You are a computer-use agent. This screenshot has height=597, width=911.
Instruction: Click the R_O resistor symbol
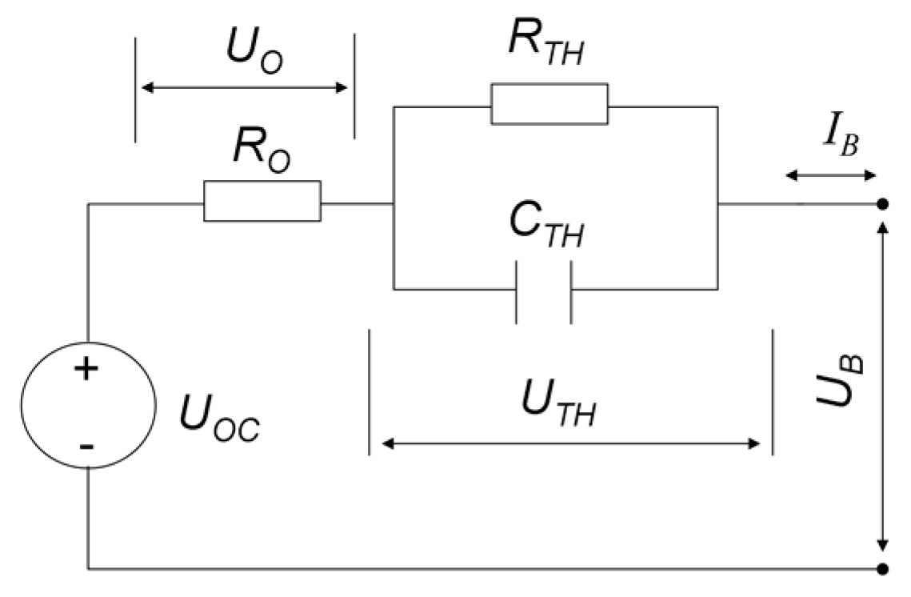[262, 201]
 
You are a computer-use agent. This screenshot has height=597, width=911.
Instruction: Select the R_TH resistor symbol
[549, 104]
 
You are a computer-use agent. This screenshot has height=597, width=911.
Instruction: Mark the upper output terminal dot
[882, 205]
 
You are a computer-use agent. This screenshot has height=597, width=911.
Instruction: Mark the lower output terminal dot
[882, 569]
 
